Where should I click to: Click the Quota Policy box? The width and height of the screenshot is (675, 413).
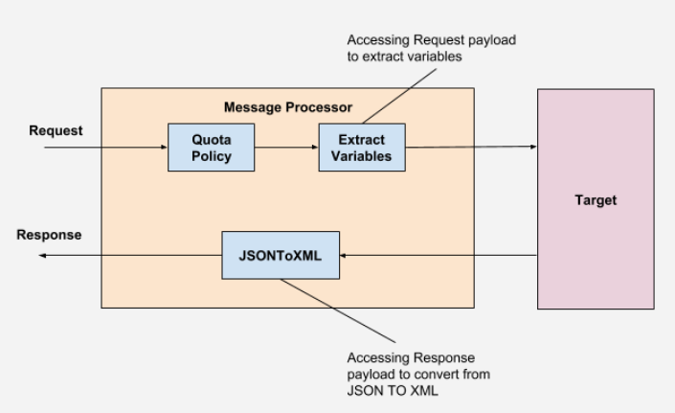(211, 148)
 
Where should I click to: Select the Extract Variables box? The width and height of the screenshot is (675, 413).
(362, 148)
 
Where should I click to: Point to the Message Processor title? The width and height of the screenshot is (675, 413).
(287, 106)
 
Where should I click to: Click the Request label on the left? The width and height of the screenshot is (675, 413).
(56, 131)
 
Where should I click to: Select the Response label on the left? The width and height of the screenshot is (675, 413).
(49, 235)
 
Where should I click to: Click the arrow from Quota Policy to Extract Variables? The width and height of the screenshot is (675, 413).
(286, 148)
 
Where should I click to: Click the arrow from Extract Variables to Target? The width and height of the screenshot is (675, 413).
(469, 148)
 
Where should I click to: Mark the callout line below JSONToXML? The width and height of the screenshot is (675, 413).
(340, 310)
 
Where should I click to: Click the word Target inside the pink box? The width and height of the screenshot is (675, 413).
(596, 200)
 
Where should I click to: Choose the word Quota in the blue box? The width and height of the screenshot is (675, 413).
(211, 139)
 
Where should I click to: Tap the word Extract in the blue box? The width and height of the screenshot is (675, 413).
(362, 139)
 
